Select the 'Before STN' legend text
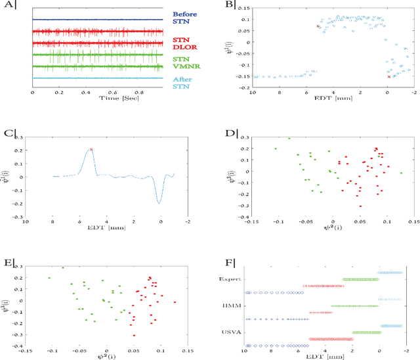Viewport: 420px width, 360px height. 182,17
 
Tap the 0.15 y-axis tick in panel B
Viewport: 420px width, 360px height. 242,9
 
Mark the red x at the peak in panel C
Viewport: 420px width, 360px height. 91,149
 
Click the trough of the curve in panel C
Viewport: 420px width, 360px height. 159,203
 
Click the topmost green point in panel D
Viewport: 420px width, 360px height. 289,138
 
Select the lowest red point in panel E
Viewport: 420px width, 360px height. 135,335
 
